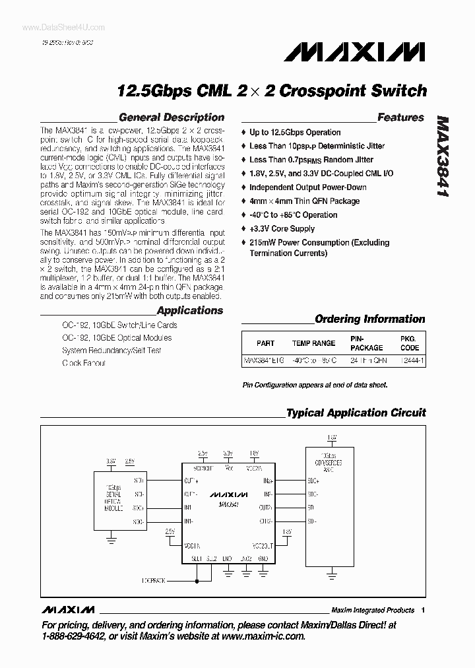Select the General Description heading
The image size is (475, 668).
point(171,117)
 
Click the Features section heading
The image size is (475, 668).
point(400,117)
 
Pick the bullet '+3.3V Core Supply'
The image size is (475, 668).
point(282,229)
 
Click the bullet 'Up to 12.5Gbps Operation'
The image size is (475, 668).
point(295,132)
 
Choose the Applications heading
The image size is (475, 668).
point(189,310)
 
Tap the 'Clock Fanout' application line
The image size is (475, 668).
point(84,363)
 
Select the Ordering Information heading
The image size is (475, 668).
point(369,319)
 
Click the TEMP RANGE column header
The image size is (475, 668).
point(314,343)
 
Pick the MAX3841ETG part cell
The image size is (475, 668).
point(265,361)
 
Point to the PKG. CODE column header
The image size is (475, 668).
point(410,343)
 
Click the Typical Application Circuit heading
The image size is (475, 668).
point(356,413)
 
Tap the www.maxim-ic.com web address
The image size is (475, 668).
point(257,636)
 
